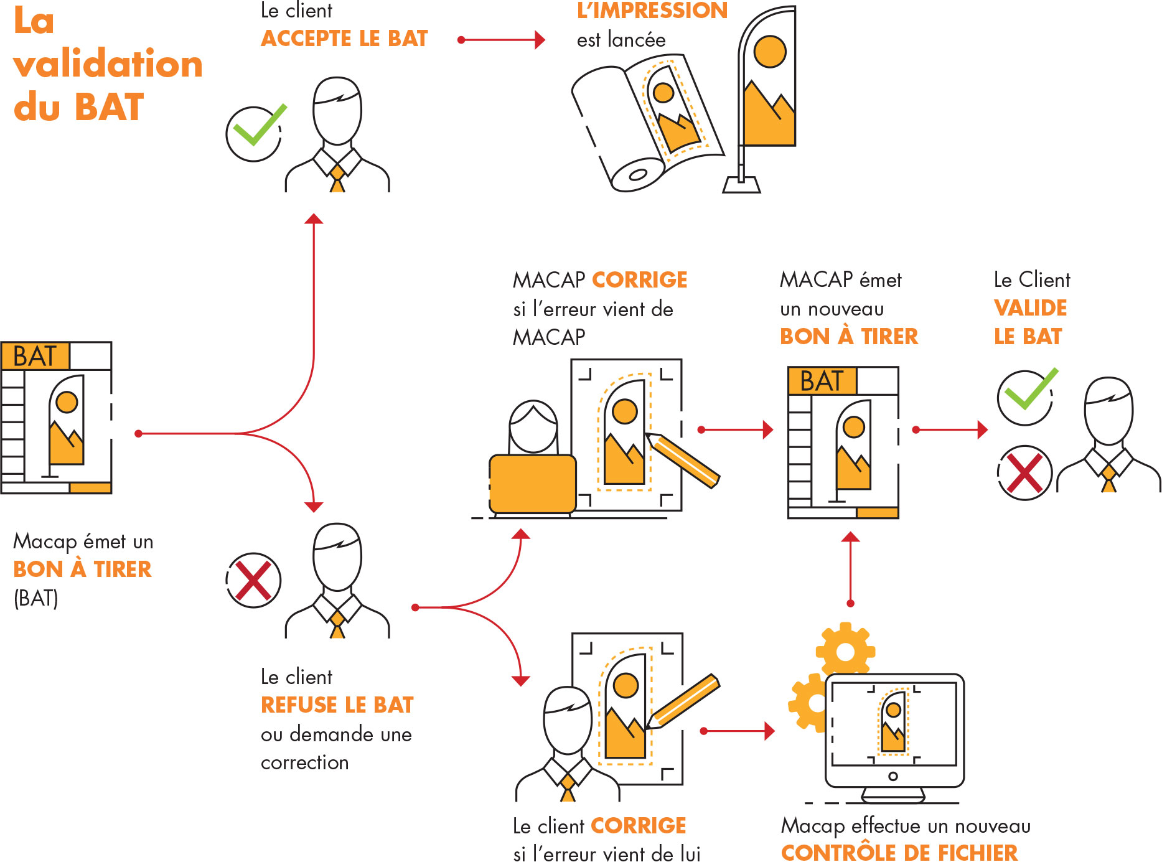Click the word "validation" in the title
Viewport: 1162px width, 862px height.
point(108,64)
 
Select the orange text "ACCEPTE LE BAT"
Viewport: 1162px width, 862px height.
point(344,39)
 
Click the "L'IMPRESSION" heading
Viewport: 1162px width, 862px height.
point(652,11)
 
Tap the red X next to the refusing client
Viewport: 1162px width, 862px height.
point(253,581)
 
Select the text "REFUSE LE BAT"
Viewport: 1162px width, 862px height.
point(337,705)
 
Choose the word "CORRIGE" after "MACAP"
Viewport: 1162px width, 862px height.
point(639,280)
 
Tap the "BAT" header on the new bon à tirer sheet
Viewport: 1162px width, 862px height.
point(822,381)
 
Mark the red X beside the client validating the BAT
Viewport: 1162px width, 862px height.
point(1024,473)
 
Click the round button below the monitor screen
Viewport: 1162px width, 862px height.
point(893,776)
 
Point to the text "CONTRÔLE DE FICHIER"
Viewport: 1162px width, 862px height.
point(899,852)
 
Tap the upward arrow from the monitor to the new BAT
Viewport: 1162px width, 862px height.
point(850,568)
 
